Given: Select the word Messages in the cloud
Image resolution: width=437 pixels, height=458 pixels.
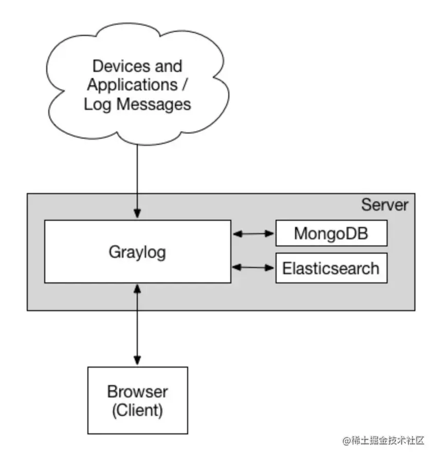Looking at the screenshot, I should [154, 105].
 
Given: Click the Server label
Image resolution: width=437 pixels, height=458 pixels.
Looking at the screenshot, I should [385, 205].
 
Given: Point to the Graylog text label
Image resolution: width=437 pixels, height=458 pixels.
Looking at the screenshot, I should [137, 252].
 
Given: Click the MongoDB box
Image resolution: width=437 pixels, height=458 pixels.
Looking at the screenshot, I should [331, 234].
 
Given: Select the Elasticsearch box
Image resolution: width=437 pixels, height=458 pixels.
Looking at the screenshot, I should [331, 268].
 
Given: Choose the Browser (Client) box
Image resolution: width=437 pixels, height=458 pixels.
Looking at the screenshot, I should [137, 400].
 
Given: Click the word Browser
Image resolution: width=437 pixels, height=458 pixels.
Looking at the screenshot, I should [137, 392].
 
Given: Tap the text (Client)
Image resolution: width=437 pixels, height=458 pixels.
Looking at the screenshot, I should [137, 410].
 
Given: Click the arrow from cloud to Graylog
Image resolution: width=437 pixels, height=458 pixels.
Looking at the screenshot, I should [137, 180].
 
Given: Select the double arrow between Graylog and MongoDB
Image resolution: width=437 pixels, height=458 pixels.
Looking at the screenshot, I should [253, 234].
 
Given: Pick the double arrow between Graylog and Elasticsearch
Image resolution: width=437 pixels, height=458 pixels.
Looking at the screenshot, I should [253, 268].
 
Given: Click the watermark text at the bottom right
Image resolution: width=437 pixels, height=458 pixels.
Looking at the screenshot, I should [383, 441].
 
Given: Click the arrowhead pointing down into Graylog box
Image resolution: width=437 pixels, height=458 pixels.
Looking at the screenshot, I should [137, 214].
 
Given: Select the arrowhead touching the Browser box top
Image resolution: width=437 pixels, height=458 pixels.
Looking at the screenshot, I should [137, 360].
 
